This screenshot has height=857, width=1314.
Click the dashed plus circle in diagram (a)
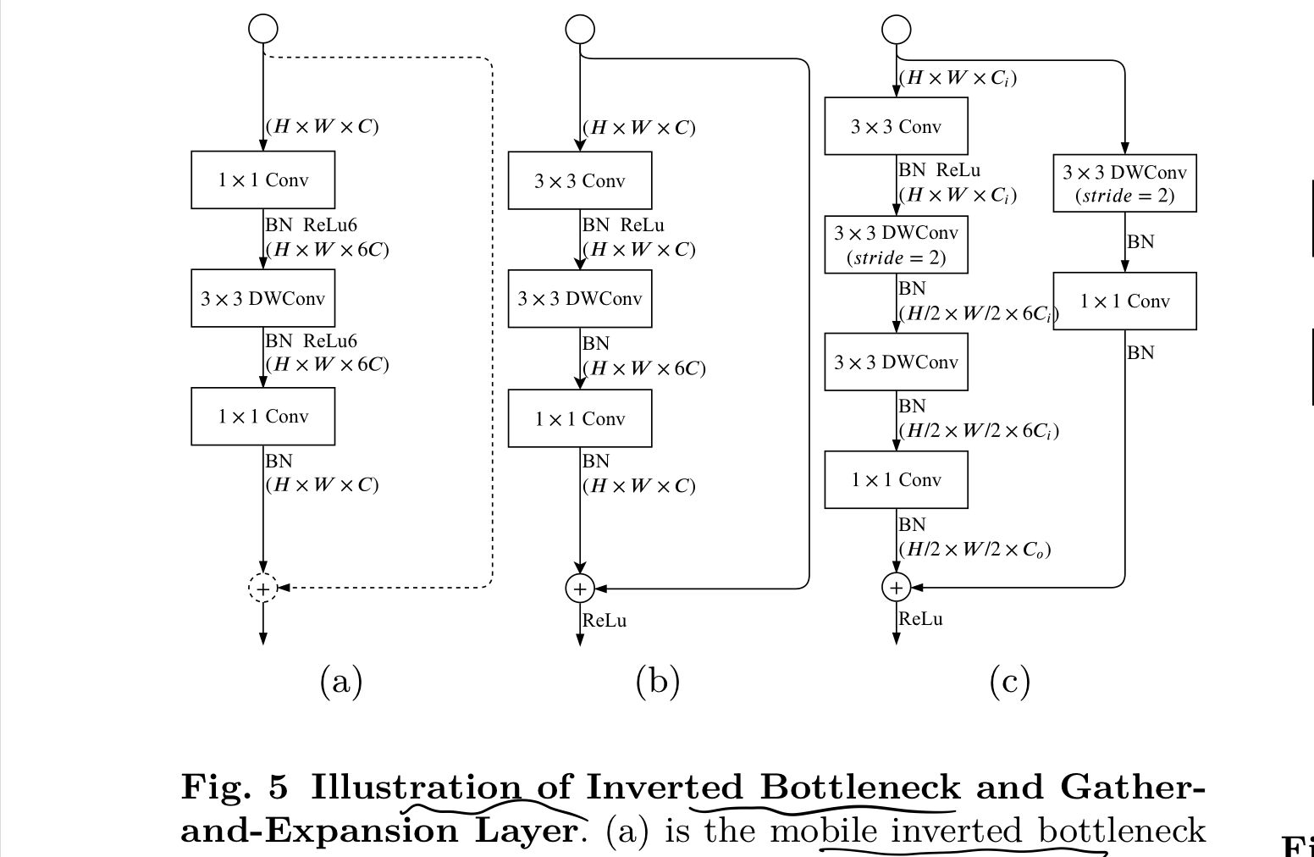(x=263, y=588)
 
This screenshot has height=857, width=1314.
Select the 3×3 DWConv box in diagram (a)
(x=263, y=298)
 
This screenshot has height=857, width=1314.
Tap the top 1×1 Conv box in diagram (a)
(x=263, y=180)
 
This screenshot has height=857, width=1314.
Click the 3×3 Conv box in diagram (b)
(x=580, y=180)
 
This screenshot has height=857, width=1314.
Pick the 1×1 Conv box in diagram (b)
(x=580, y=418)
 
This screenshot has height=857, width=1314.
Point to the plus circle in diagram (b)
(x=580, y=588)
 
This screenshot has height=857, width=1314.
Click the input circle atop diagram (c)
(x=897, y=30)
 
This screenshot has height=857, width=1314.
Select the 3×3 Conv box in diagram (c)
(x=897, y=126)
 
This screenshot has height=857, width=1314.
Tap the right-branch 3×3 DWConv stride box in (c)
(x=1124, y=183)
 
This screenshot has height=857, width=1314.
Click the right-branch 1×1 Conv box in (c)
(x=1124, y=301)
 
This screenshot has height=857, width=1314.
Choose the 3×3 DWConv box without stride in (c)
(x=897, y=362)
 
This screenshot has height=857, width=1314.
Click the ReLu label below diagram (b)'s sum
(x=605, y=621)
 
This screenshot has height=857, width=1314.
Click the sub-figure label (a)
(x=341, y=681)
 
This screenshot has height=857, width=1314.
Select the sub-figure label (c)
(x=1009, y=681)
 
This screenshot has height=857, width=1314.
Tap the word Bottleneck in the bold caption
(x=859, y=787)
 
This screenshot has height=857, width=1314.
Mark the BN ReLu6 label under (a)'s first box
(x=311, y=225)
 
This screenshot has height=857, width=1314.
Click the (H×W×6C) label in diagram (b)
(x=643, y=368)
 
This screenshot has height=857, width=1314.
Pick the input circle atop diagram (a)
(x=263, y=29)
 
